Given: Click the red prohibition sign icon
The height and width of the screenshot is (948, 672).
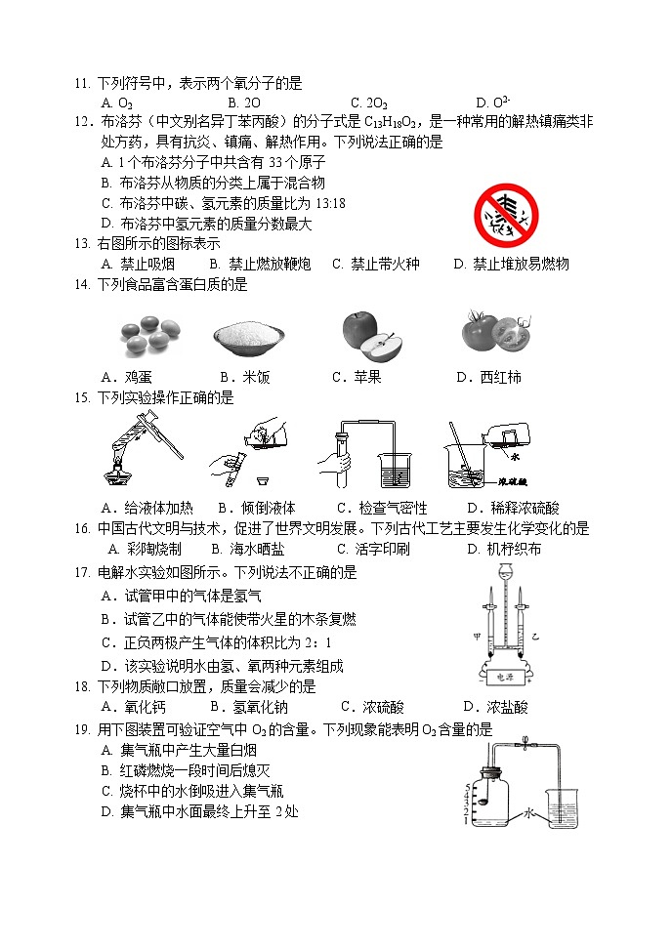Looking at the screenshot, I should pyautogui.click(x=506, y=216).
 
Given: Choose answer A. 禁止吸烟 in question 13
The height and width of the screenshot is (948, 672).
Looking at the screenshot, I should pyautogui.click(x=140, y=264).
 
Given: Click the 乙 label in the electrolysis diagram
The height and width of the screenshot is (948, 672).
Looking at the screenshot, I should pyautogui.click(x=535, y=637).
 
